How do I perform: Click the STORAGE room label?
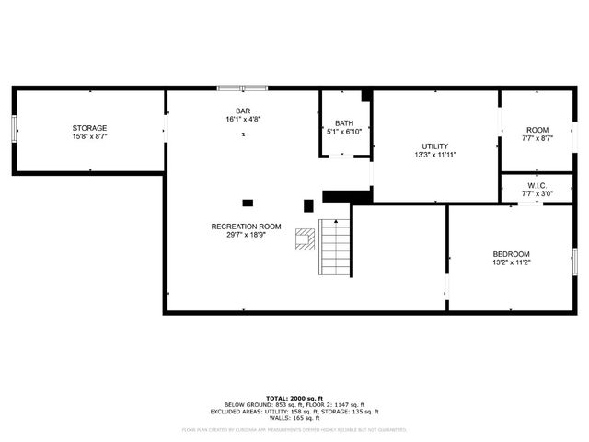pos(90,128)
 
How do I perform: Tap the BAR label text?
pos(243,110)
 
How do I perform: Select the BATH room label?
pos(344,122)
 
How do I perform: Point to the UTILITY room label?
pos(435,146)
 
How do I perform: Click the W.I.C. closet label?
pos(537,185)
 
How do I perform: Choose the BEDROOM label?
pos(511,253)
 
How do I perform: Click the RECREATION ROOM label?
pos(246,227)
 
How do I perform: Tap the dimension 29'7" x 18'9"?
pos(246,236)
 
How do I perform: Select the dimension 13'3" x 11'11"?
pos(435,155)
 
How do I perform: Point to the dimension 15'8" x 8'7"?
pos(90,136)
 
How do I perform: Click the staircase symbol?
pos(335,248)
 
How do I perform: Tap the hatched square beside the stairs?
pos(304,240)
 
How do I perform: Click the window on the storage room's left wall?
pos(14,129)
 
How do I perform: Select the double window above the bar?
pos(242,88)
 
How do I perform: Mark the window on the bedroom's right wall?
pos(574,261)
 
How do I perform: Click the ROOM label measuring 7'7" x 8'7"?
pos(537,130)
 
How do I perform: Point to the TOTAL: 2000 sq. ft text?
pos(294,398)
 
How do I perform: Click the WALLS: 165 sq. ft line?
pos(294,418)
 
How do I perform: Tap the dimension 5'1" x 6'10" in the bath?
pos(344,131)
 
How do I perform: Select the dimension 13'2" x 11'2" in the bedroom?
pos(511,262)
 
